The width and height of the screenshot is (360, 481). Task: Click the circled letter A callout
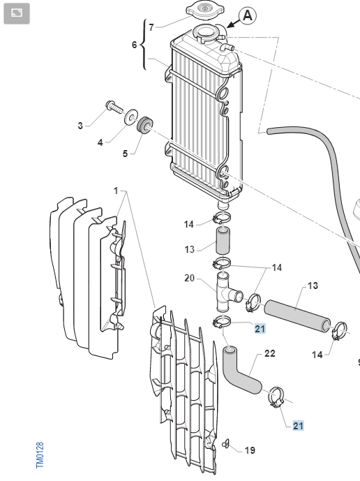click(248, 15)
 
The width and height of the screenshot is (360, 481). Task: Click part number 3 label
click(80, 126)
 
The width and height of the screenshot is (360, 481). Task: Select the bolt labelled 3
click(114, 108)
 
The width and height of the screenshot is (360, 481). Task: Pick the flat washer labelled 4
click(131, 117)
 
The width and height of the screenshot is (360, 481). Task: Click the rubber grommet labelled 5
click(144, 125)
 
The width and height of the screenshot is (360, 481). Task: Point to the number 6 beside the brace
click(135, 45)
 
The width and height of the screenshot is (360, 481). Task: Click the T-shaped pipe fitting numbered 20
click(227, 292)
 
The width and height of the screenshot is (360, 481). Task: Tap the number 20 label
click(190, 279)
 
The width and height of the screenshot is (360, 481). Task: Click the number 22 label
click(269, 353)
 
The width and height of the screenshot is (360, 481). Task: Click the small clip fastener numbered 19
click(227, 443)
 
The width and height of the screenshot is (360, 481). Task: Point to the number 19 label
click(250, 450)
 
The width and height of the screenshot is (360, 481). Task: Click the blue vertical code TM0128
click(40, 455)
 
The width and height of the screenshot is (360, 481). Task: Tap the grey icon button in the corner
click(17, 13)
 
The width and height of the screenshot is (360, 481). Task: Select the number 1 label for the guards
click(116, 191)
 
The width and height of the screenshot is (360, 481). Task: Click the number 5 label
click(125, 154)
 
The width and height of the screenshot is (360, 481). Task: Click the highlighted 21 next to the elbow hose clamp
click(298, 426)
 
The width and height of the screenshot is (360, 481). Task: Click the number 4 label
click(100, 142)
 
